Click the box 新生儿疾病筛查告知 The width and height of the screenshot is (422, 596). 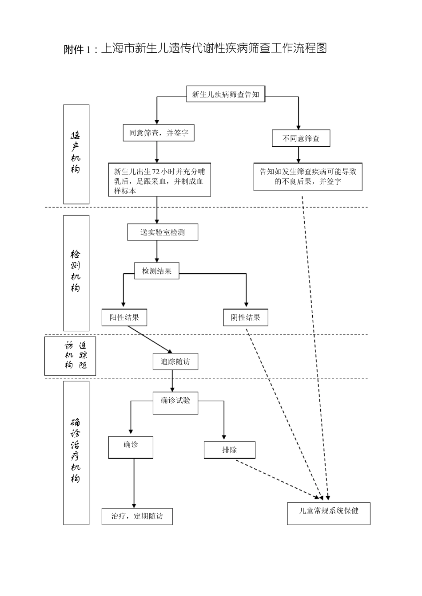click(225, 94)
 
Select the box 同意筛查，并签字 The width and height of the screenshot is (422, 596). click(159, 133)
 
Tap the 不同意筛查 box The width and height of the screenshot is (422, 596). click(301, 138)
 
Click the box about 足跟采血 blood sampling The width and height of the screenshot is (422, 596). click(159, 180)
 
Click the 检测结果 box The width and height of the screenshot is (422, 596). click(157, 271)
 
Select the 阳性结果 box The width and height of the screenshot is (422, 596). click(124, 317)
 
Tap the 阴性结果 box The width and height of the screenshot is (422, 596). click(246, 317)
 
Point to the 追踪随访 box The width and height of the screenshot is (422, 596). click(175, 361)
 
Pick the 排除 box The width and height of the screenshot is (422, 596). click(230, 450)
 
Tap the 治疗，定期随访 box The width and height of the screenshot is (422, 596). click(137, 516)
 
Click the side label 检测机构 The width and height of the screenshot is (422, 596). click(76, 273)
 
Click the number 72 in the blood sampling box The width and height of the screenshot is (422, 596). click(156, 171)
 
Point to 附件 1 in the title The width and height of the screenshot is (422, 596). click(80, 49)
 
